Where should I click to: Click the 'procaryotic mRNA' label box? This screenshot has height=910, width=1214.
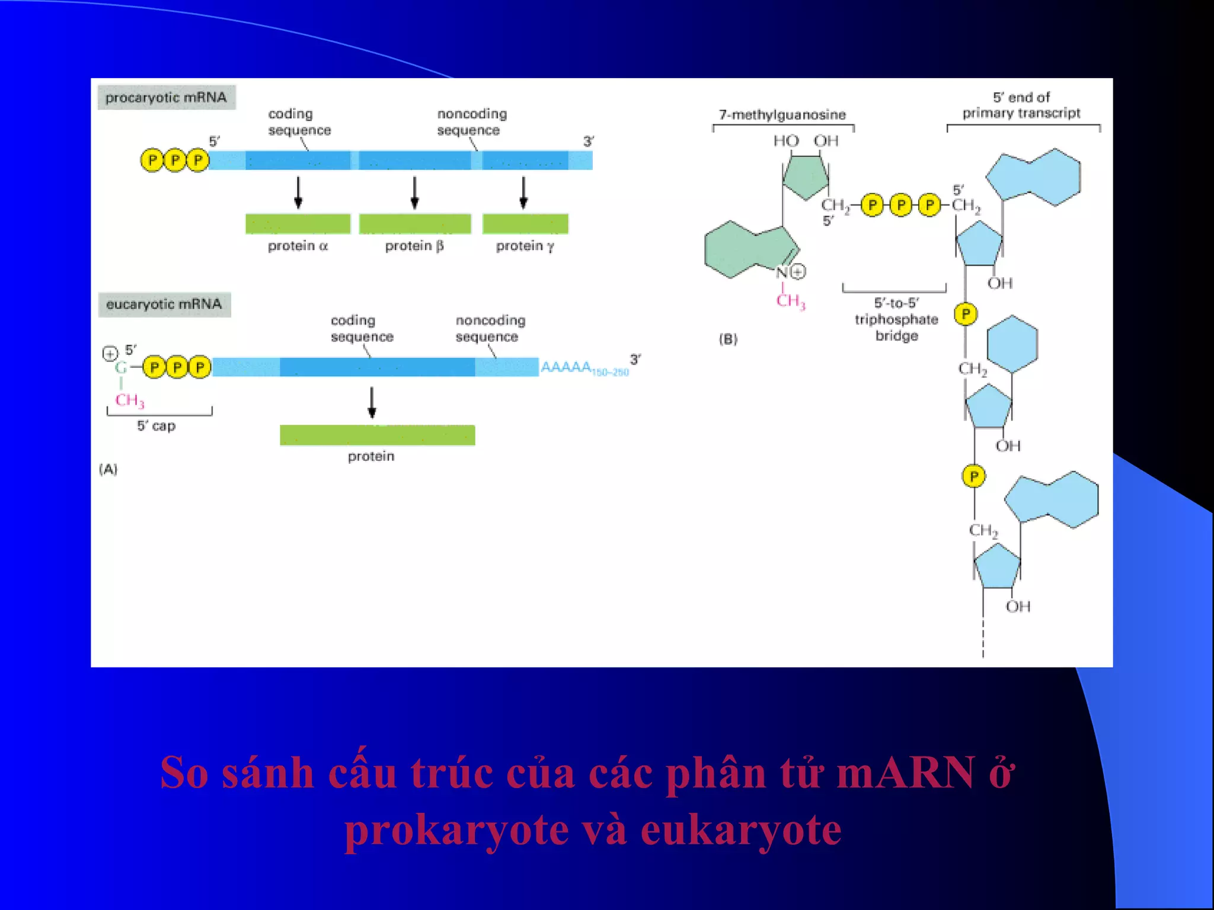pyautogui.click(x=166, y=98)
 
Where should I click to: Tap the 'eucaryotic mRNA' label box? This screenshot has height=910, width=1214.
pyautogui.click(x=164, y=305)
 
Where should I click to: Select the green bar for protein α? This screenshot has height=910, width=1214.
pyautogui.click(x=298, y=224)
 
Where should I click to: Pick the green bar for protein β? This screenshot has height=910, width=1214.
pyautogui.click(x=415, y=224)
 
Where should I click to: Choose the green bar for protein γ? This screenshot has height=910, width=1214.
pyautogui.click(x=525, y=224)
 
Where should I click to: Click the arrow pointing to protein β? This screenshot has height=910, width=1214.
pyautogui.click(x=415, y=193)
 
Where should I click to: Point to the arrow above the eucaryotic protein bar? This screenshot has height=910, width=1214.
pyautogui.click(x=372, y=402)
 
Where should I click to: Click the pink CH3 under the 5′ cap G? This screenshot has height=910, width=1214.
pyautogui.click(x=129, y=400)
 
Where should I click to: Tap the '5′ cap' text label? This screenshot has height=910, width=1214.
pyautogui.click(x=156, y=426)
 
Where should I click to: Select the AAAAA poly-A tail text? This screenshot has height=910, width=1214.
pyautogui.click(x=566, y=367)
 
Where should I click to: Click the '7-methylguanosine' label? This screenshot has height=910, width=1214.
pyautogui.click(x=782, y=115)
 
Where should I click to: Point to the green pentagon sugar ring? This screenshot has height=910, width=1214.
pyautogui.click(x=806, y=176)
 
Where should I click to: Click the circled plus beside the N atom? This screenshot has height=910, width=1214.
pyautogui.click(x=798, y=272)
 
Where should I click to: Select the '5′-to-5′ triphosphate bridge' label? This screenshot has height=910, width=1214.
pyautogui.click(x=896, y=319)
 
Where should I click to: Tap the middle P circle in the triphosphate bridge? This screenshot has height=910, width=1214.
pyautogui.click(x=901, y=206)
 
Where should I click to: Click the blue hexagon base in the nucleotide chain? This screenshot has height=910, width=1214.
pyautogui.click(x=1012, y=344)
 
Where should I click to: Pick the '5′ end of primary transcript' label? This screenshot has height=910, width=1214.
pyautogui.click(x=1021, y=105)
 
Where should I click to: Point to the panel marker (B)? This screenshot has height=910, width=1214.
pyautogui.click(x=728, y=339)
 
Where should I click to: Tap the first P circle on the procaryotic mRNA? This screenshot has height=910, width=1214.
pyautogui.click(x=152, y=161)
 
